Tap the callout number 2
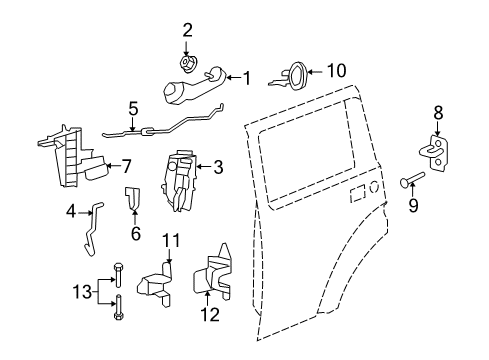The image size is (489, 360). [x=185, y=31]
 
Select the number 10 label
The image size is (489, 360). [x=334, y=70]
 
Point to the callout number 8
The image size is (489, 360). [x=437, y=112]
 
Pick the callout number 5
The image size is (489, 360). [x=132, y=108]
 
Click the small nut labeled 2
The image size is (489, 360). [x=185, y=64]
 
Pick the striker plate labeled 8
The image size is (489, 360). [x=436, y=153]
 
